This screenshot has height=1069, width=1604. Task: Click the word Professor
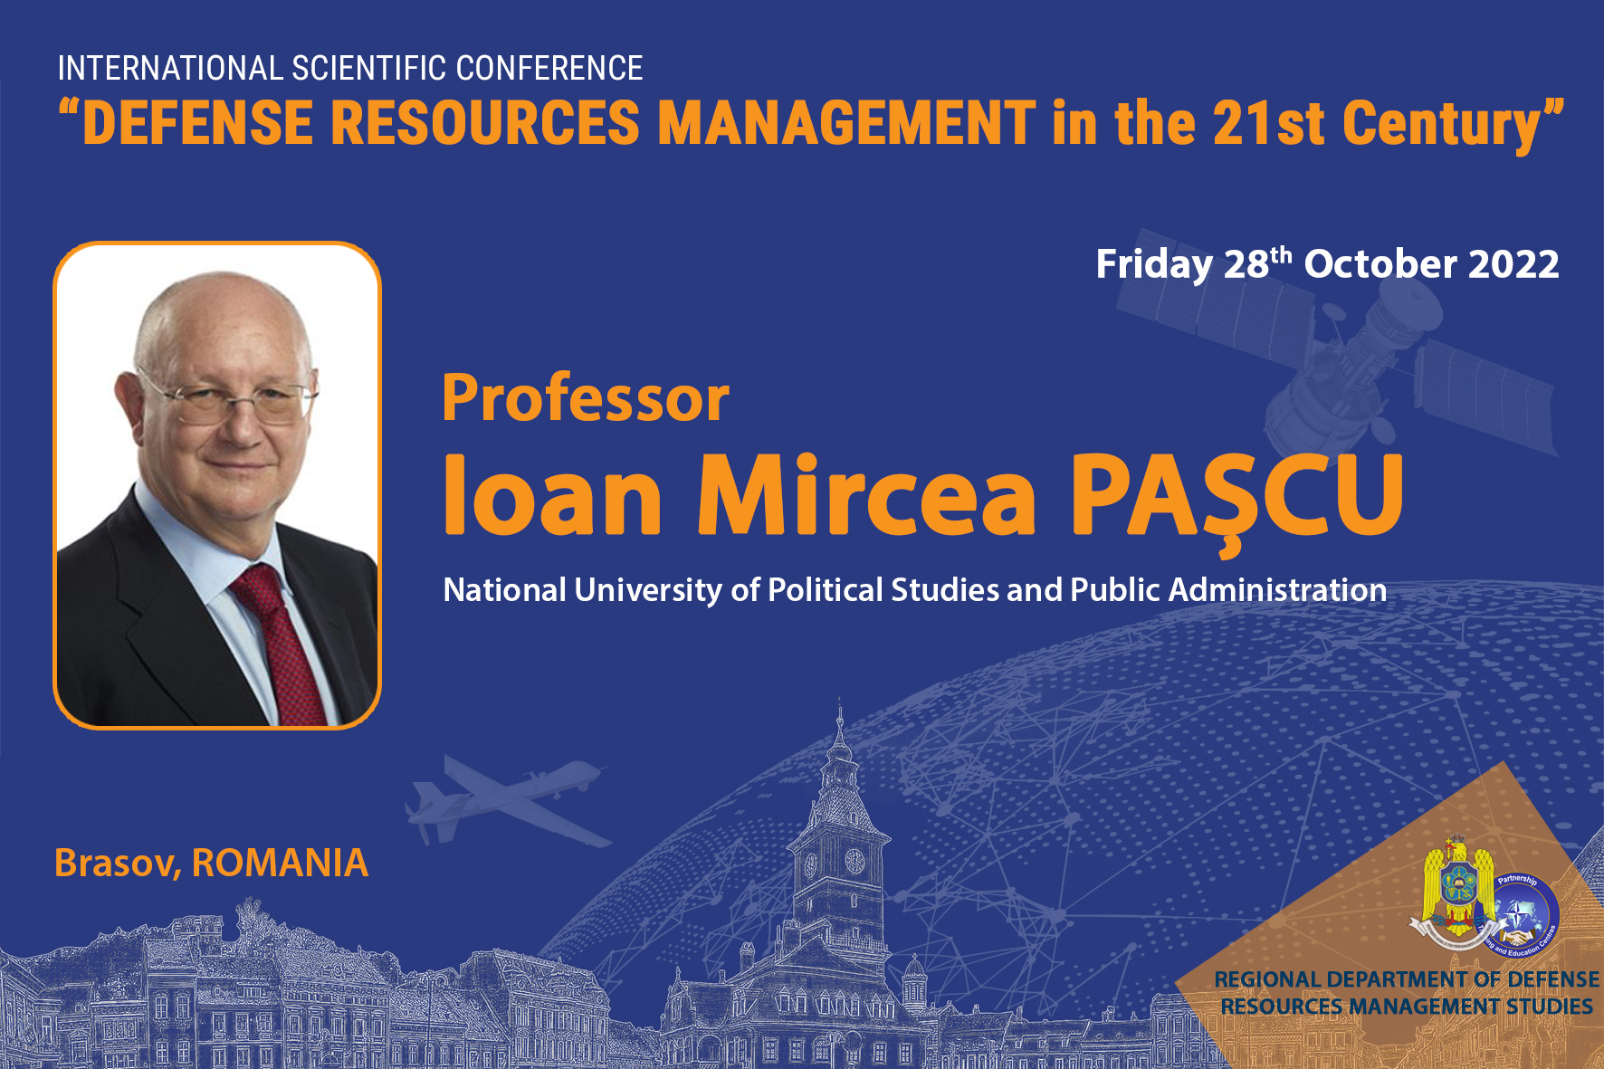pyautogui.click(x=586, y=398)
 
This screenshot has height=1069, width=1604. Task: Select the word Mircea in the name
pyautogui.click(x=866, y=495)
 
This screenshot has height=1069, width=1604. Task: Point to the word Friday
pyautogui.click(x=1153, y=265)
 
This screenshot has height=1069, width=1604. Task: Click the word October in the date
pyautogui.click(x=1380, y=264)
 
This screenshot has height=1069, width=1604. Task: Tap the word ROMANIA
pyautogui.click(x=280, y=863)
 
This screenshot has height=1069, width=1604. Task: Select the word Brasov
pyautogui.click(x=117, y=864)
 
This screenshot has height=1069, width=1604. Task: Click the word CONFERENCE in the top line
pyautogui.click(x=549, y=69)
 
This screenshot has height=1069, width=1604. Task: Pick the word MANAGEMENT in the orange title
pyautogui.click(x=846, y=123)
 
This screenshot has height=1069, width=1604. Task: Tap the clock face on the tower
pyautogui.click(x=855, y=860)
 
